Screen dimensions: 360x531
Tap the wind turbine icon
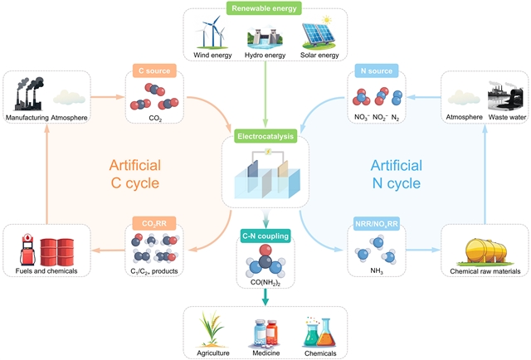click(209, 36)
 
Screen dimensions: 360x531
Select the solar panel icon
click(318, 36)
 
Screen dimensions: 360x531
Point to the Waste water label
click(502, 118)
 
